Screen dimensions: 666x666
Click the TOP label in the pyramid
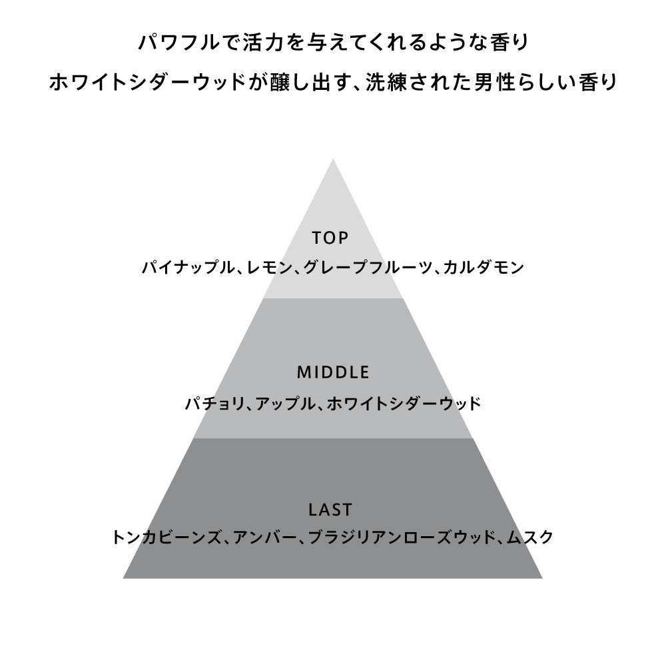331,238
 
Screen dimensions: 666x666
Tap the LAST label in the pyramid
331,511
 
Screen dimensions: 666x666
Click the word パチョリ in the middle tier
212,404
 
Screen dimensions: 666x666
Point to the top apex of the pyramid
333,159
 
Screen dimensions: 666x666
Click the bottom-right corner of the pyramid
541,577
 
